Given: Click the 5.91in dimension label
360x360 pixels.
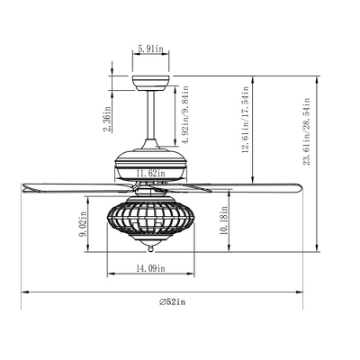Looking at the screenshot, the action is coord(150,49).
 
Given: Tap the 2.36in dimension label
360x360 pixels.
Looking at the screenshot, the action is coord(108,120).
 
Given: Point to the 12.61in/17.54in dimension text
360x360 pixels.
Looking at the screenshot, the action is coord(246,120).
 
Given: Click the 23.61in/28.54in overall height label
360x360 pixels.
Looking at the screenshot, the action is coord(306,131).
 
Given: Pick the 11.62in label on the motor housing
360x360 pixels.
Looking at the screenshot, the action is coord(150,173).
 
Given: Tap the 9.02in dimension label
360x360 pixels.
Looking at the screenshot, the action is coord(83,224).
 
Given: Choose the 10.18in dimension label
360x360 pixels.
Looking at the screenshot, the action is coord(223,220).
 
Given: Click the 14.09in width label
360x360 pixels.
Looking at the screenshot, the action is coord(150,268).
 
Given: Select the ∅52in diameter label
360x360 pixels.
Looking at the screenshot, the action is coord(172,301).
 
